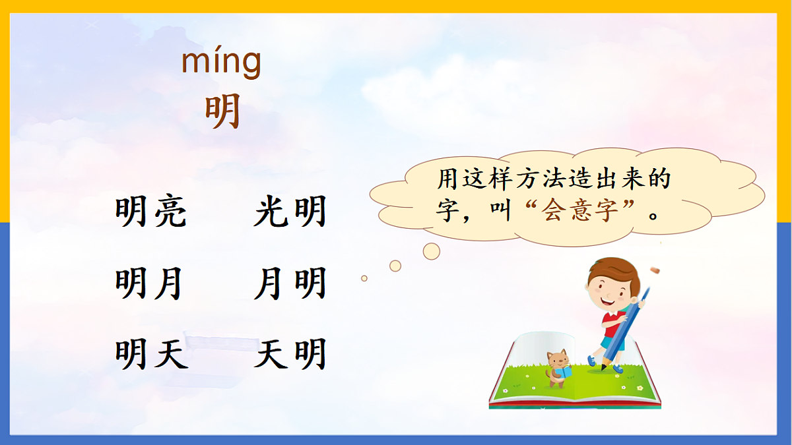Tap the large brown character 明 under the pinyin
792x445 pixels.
222,111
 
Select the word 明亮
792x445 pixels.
151,212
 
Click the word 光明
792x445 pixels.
290,212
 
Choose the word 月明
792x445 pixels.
290,285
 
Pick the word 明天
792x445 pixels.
151,354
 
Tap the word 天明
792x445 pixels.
290,354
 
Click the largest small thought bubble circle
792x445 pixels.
432,251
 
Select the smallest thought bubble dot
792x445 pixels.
364,278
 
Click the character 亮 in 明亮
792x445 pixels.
171,212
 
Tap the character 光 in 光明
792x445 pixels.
270,212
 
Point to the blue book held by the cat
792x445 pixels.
565,372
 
